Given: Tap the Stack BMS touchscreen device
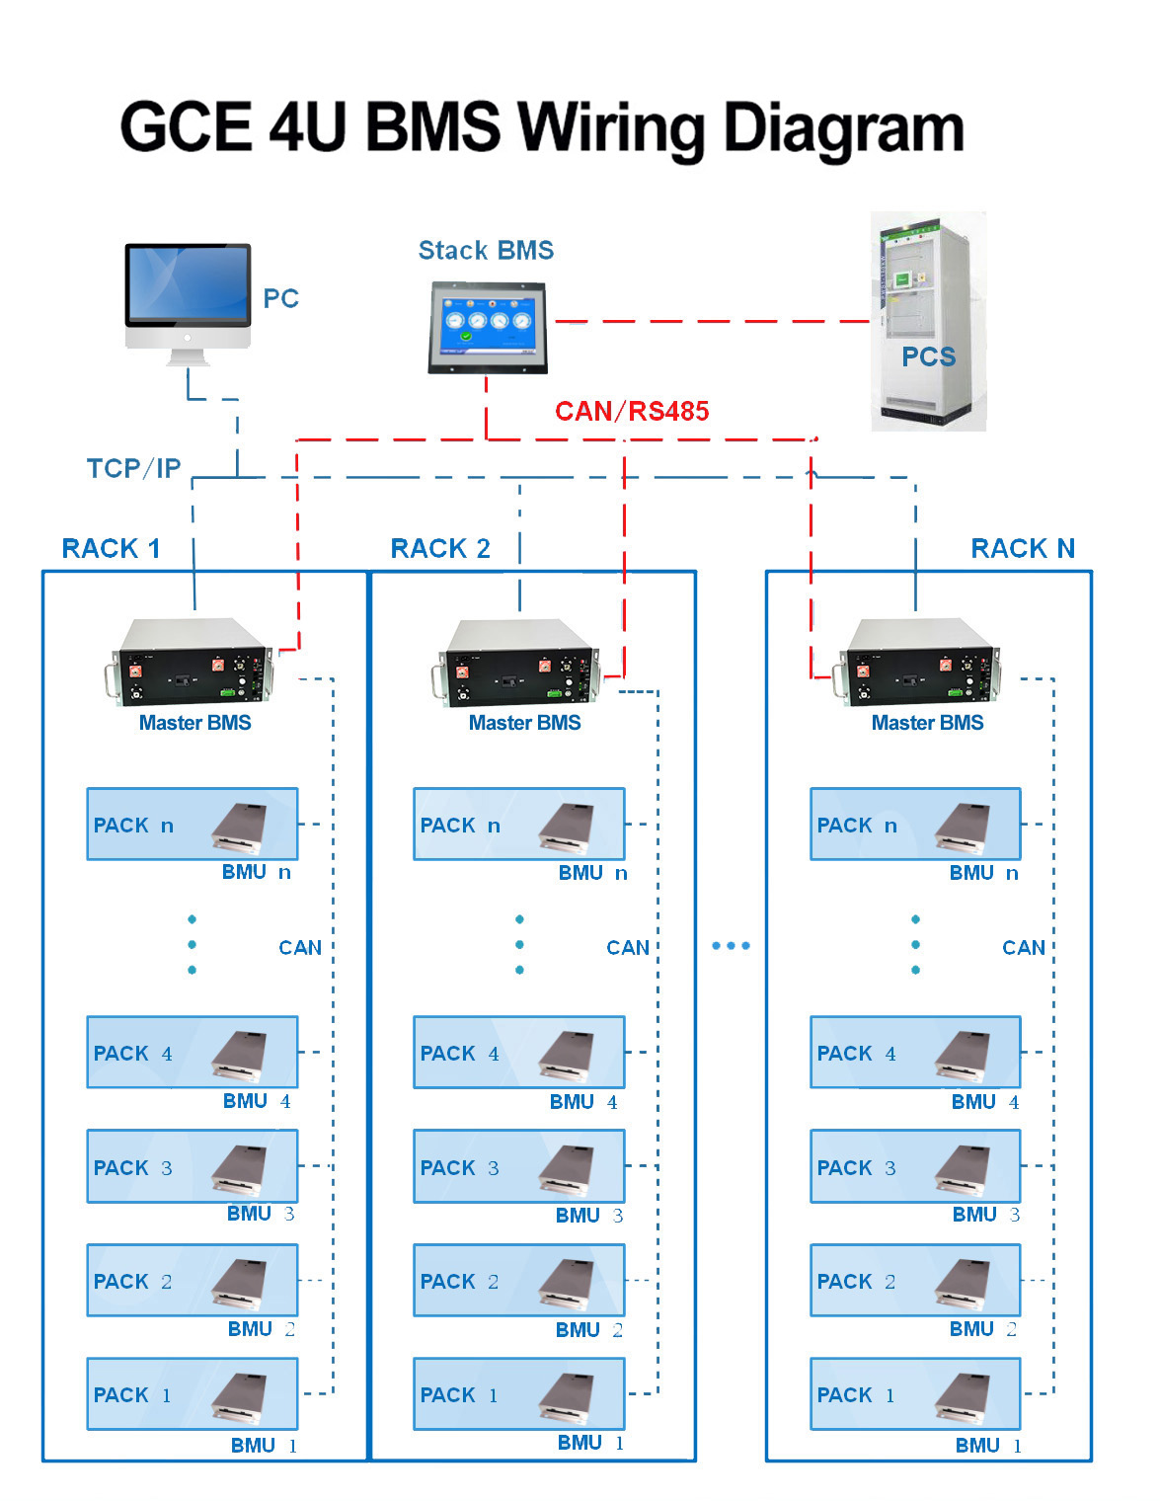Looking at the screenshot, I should pos(487,327).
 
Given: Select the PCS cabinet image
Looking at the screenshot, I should pos(928,321).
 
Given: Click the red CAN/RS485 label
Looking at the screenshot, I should pos(632,411).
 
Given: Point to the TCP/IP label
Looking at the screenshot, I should pos(133,468).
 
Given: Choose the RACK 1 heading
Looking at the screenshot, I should pos(111,549).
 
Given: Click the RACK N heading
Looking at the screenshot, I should pos(1023,549).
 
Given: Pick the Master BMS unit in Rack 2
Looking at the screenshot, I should pos(518,662).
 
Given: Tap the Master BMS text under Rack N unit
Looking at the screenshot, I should pos(927,723).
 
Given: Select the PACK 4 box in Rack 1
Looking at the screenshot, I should pos(192,1053).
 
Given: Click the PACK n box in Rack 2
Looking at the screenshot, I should pos(518,824).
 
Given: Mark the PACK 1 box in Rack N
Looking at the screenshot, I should pos(915,1393).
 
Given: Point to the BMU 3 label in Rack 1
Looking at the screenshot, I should pos(261,1214).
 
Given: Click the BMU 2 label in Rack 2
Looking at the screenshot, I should pos(588,1330).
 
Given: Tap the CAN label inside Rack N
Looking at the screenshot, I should pos(1023,948).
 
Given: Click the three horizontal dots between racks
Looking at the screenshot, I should pos(731,946).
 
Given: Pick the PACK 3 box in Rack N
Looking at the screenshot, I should pos(915,1166).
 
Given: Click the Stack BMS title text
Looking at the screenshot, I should pos(486,251).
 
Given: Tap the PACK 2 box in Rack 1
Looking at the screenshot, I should pos(192,1281).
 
